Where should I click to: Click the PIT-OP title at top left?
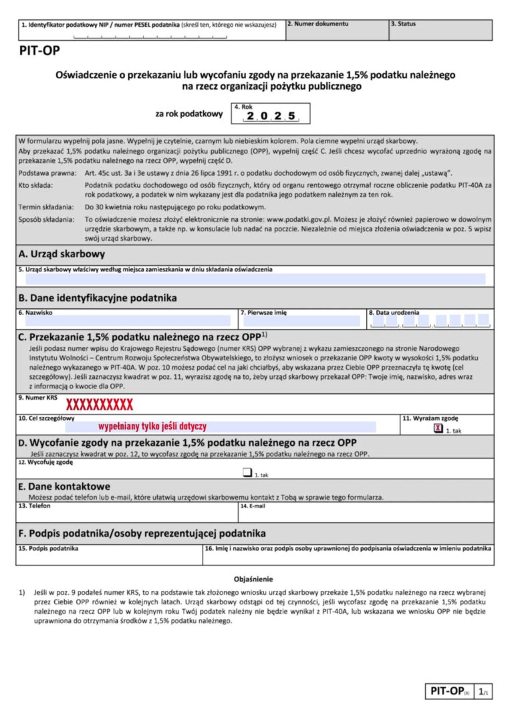38,53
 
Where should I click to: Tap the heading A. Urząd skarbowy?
61,255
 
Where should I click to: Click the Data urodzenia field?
430,320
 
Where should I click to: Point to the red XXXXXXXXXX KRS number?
99,404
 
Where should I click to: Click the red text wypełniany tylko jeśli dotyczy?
152,426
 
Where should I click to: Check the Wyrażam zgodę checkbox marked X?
438,429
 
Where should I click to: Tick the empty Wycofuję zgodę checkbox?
247,474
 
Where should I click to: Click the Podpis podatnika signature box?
109,556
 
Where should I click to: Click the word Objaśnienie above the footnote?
253,579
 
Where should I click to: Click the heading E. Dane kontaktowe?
64,486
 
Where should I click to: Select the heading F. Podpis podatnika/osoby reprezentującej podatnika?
142,533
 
